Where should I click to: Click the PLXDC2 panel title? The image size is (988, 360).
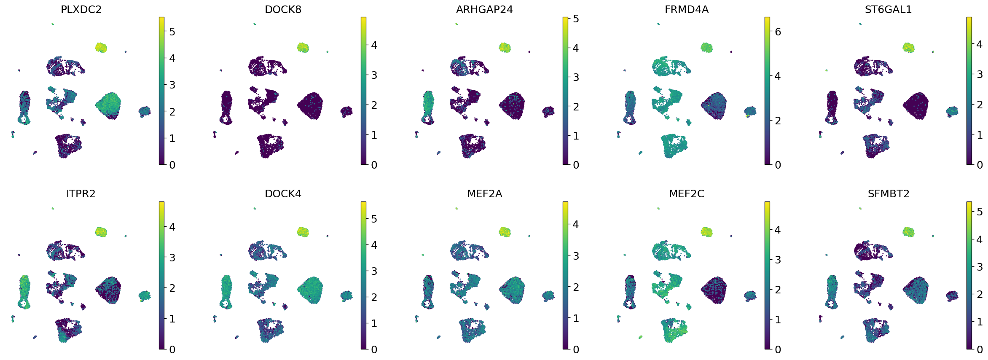point(81,10)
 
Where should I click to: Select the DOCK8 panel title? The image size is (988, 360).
point(283,10)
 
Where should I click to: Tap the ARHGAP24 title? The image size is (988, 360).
point(484,10)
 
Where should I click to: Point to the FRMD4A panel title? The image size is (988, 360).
point(686,10)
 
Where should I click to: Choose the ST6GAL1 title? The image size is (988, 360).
point(888,10)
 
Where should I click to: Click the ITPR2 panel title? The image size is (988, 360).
point(81,194)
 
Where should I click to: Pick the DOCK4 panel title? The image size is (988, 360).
point(283,194)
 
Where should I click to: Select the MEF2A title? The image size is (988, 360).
point(484,194)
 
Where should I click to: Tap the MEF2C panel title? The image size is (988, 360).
point(686,194)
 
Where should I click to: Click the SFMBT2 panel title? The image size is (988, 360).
point(888,194)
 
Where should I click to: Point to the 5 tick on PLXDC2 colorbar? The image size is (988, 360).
point(172,32)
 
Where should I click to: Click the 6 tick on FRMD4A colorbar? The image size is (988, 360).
point(778,32)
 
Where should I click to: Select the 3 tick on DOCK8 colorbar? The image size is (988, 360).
point(374,75)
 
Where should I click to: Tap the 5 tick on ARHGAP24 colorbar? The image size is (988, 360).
point(576,19)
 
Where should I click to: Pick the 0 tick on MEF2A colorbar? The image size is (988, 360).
point(576,349)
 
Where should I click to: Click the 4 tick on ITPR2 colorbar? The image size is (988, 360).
point(172,227)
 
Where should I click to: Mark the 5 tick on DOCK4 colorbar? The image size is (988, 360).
point(374,219)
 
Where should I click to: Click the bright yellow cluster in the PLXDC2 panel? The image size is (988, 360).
point(101,47)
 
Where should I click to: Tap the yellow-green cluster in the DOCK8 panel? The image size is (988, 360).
point(303,47)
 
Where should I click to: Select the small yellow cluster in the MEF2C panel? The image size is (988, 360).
point(706,232)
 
